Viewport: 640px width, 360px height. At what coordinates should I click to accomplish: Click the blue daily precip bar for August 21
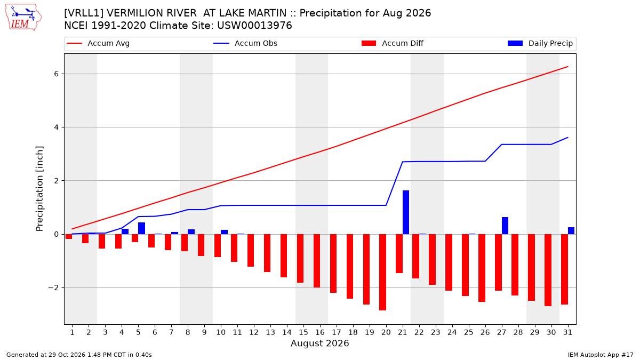pyautogui.click(x=406, y=212)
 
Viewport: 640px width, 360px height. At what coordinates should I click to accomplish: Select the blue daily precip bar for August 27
pyautogui.click(x=505, y=226)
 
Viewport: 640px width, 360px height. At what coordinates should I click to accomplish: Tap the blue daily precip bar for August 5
pyautogui.click(x=141, y=228)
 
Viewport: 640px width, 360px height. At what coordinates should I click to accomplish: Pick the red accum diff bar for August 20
pyautogui.click(x=382, y=273)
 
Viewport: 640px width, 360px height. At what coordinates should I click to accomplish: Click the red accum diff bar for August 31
pyautogui.click(x=564, y=269)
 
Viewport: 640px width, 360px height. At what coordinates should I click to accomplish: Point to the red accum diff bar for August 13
pyautogui.click(x=267, y=253)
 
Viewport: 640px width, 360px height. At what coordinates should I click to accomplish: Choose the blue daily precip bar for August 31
pyautogui.click(x=571, y=231)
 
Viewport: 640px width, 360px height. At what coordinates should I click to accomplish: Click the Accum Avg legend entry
pyautogui.click(x=98, y=43)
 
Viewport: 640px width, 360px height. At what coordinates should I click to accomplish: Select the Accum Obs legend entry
pyautogui.click(x=245, y=43)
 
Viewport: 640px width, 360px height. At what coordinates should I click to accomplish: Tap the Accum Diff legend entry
pyautogui.click(x=393, y=43)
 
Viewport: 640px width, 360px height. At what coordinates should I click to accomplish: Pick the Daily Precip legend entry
pyautogui.click(x=540, y=43)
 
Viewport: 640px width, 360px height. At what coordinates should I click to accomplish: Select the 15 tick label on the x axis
pyautogui.click(x=303, y=332)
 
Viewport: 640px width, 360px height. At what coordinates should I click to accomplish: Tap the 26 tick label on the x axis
pyautogui.click(x=485, y=332)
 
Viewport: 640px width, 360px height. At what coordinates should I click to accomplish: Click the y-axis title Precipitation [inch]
pyautogui.click(x=39, y=189)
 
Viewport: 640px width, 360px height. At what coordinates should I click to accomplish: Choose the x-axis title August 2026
pyautogui.click(x=319, y=343)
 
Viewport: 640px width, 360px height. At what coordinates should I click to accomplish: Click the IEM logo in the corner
pyautogui.click(x=23, y=18)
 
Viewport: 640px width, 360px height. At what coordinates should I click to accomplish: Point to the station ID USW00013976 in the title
pyautogui.click(x=254, y=26)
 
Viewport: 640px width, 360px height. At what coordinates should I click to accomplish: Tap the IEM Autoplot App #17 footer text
pyautogui.click(x=601, y=355)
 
